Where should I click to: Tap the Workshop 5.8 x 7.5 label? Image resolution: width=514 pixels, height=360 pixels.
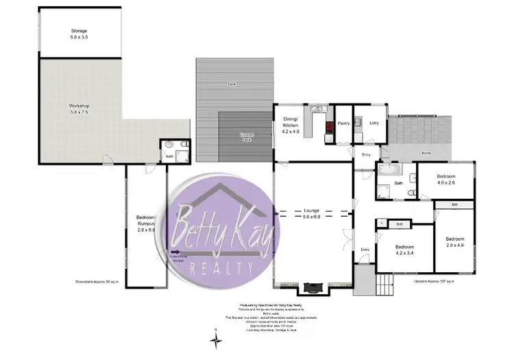[x=79, y=108]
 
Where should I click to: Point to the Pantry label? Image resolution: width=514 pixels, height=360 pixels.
[x=343, y=123]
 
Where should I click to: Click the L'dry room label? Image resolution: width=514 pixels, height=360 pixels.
[x=374, y=123]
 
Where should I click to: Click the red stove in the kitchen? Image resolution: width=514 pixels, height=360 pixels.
[x=328, y=128]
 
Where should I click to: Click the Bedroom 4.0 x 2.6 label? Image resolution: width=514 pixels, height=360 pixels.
[x=446, y=180]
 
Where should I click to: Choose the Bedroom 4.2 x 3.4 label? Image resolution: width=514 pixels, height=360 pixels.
[x=404, y=250]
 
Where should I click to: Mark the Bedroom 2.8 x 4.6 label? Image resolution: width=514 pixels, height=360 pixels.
[x=455, y=241]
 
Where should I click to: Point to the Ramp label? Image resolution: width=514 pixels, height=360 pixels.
[x=426, y=153]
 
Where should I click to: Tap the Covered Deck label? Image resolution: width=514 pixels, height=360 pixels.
[x=247, y=136]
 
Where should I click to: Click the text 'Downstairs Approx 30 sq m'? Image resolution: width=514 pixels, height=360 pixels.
[x=97, y=282]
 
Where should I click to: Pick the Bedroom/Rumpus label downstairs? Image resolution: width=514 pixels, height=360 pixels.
[x=146, y=221]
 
